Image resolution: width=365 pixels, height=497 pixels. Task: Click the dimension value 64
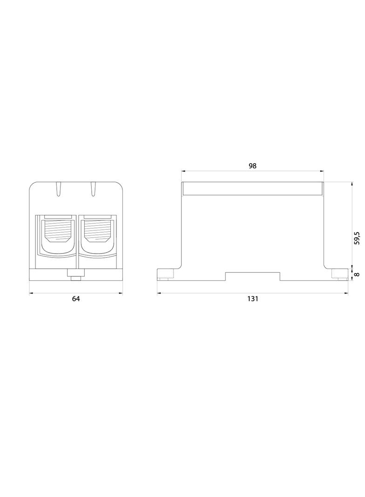coord(76,299)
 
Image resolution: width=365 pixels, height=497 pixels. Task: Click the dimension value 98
coord(252,166)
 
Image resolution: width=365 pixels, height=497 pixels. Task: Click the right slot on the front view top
coord(93,188)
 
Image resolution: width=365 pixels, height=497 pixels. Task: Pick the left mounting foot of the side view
coord(166,275)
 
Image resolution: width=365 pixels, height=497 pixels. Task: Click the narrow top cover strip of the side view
coord(252,188)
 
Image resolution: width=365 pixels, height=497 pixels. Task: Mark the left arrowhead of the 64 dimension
coord(31,293)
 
